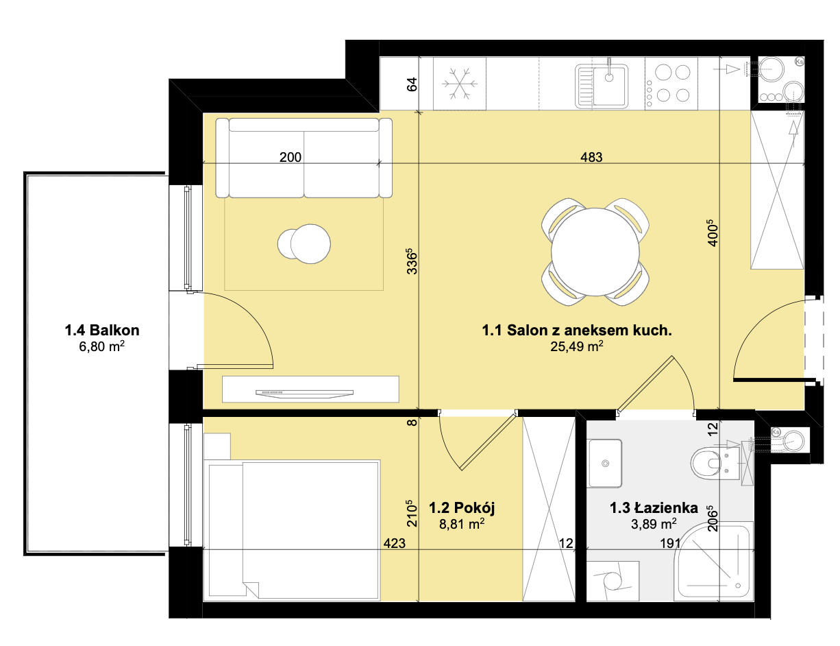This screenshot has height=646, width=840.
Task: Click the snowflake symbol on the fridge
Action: point(459,84)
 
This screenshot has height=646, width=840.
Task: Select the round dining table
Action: point(595,252)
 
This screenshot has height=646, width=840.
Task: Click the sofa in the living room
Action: point(304,158)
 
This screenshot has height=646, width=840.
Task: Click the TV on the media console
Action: point(305,394)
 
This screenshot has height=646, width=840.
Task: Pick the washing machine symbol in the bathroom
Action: point(613,581)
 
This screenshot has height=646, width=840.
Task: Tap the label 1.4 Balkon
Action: point(102,330)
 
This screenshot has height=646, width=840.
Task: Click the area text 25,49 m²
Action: point(576,346)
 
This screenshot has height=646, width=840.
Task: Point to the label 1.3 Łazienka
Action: point(654,507)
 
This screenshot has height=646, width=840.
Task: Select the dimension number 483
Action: point(591,157)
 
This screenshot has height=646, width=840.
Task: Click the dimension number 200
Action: point(291,157)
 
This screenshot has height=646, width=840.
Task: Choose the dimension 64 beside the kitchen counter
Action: point(412,84)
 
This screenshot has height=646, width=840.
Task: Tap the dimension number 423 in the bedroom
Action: point(394,543)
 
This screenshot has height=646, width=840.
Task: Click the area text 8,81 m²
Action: point(462,524)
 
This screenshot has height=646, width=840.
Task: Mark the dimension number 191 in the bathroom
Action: point(670,543)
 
